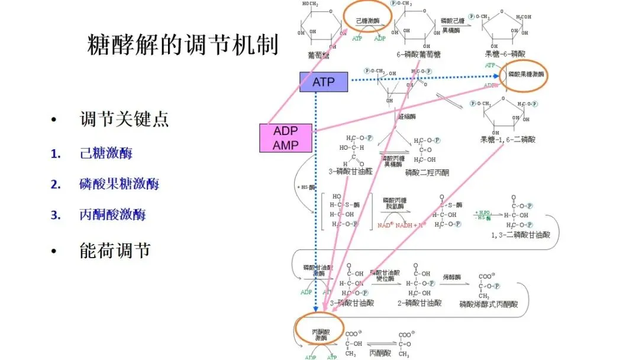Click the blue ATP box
324,82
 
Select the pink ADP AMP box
286,138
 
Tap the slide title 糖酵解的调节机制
183,45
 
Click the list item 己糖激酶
106,153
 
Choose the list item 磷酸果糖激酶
119,184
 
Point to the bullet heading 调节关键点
124,119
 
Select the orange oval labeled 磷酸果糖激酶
524,75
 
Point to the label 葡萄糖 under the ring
319,54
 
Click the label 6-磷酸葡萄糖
418,54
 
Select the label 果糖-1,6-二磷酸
508,140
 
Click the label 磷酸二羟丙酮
427,173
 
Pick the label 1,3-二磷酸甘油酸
521,235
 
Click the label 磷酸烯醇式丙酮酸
488,304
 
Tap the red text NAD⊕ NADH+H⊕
402,226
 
